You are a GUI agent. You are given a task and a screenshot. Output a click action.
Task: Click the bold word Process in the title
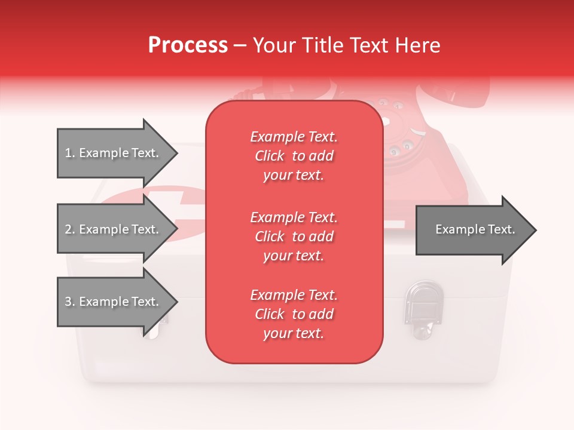point(188,45)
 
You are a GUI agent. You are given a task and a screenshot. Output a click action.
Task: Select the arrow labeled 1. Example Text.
point(114,153)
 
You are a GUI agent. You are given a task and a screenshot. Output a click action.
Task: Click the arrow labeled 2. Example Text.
point(114,229)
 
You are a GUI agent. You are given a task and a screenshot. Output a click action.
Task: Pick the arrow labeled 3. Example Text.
point(114,302)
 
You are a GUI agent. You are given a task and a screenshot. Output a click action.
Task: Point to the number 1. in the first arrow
point(70,153)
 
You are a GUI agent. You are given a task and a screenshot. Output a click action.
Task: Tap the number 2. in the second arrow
point(70,229)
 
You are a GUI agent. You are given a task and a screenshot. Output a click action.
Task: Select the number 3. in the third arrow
point(70,302)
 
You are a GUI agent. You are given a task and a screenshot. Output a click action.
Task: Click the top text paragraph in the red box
point(294,156)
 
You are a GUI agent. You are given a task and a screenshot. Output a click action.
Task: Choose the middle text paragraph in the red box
point(294,236)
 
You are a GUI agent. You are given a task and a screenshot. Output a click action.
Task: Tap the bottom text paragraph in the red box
point(294,314)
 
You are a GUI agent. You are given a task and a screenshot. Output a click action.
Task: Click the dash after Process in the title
point(240,45)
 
